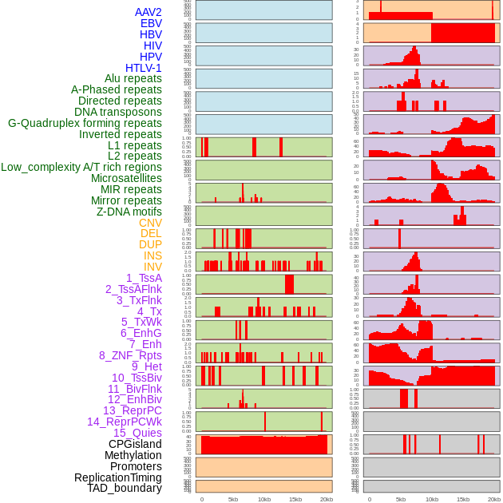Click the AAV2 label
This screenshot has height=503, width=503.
149,12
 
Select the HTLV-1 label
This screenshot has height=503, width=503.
144,68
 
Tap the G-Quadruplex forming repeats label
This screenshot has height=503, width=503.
85,123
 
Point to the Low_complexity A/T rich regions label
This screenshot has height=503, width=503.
81,167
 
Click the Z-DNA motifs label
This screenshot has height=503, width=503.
129,212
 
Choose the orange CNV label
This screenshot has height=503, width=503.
150,223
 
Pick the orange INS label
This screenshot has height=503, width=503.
152,255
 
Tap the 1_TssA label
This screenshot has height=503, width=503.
144,278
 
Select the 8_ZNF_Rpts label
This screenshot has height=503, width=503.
130,355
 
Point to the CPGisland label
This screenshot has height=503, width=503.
135,444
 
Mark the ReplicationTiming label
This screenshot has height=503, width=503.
118,477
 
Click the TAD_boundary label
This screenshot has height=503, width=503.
125,488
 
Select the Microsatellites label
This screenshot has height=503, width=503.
126,178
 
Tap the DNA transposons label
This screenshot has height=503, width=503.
118,112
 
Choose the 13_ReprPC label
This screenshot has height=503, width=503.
133,410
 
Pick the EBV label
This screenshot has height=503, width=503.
151,23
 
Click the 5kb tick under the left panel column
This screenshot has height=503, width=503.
233,499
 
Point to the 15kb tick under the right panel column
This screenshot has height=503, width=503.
463,499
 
